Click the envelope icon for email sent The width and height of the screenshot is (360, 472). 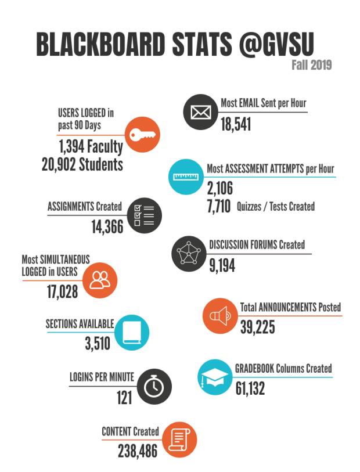[x=200, y=112]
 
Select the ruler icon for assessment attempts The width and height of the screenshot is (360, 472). [x=185, y=176]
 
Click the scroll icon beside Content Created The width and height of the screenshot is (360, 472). [x=179, y=439]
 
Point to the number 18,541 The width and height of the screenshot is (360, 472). [x=236, y=124]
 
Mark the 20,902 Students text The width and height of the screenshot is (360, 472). [x=82, y=164]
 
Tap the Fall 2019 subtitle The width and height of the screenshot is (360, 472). [x=311, y=64]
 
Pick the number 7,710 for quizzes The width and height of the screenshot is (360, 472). [x=218, y=206]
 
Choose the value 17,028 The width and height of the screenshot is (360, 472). [x=62, y=291]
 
